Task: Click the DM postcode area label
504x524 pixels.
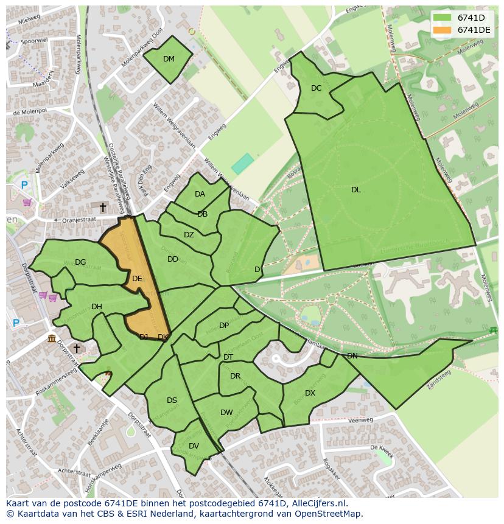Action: point(169,59)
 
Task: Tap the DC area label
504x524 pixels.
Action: point(316,88)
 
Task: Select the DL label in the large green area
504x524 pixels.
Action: point(355,190)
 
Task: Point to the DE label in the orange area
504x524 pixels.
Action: point(137,279)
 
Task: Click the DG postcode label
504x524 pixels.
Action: point(80,262)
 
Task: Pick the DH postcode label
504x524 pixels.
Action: point(96,307)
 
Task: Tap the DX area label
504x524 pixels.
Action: point(310,393)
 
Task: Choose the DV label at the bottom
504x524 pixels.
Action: point(194,446)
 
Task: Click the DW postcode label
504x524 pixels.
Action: point(226,413)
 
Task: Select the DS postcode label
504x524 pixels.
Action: point(172,400)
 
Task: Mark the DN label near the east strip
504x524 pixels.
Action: point(352,356)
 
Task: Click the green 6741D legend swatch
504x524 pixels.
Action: point(442,17)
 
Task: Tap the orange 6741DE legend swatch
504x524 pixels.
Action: point(442,29)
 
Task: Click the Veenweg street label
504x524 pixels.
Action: point(360,420)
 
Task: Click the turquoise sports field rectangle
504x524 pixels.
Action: point(242,163)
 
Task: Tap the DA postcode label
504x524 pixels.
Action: point(200,194)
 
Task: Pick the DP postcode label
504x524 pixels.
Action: point(224,326)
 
